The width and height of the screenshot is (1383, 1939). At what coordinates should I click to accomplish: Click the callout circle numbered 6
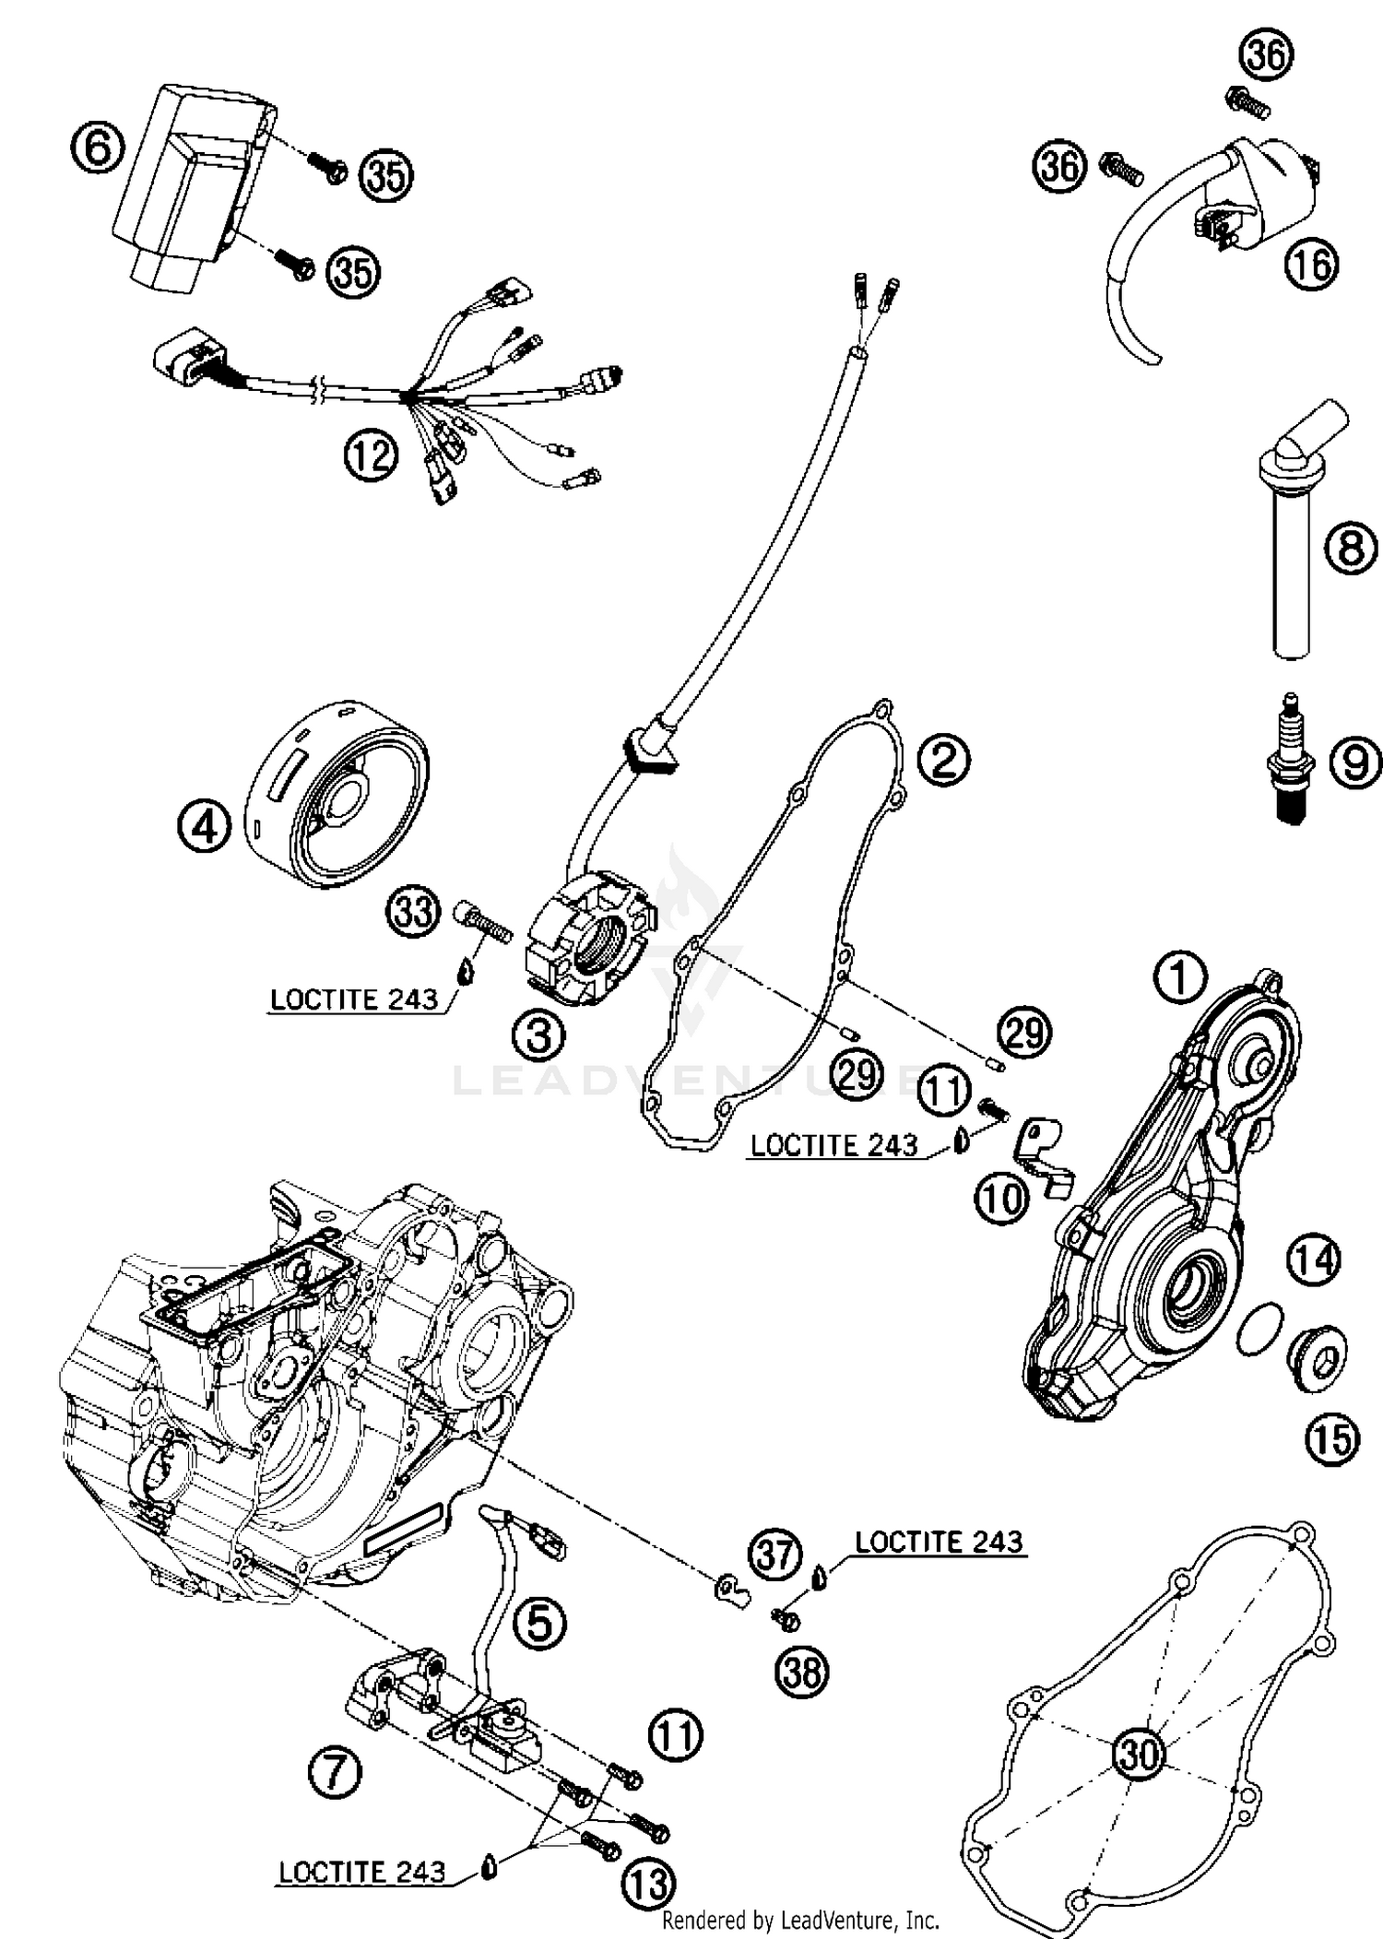(98, 148)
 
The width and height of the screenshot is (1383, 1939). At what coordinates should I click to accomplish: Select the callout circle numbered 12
(372, 455)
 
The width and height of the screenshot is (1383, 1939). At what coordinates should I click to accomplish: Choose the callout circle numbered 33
(412, 912)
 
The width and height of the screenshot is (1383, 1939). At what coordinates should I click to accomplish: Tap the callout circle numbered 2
(943, 759)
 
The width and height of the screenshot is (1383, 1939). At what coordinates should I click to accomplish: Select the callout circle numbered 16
(1311, 266)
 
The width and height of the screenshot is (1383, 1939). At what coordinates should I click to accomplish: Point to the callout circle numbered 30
(1138, 1752)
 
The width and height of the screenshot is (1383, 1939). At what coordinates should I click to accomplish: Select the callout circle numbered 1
(1179, 977)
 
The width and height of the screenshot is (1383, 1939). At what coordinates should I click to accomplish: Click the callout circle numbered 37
(774, 1553)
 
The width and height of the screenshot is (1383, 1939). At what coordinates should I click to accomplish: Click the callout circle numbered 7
(335, 1770)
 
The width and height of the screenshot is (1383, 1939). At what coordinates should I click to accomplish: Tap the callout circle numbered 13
(649, 1885)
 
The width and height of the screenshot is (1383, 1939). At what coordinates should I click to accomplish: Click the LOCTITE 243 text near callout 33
(354, 999)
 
